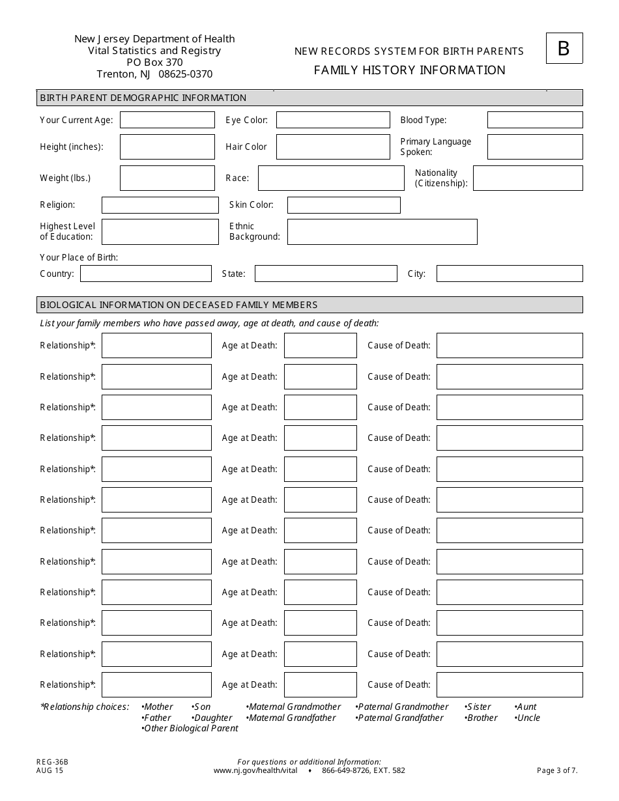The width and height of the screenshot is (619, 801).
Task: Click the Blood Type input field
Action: coord(535,120)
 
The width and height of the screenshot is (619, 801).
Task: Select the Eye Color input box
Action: coord(333,120)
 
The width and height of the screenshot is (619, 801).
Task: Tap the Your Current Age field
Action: coord(167,120)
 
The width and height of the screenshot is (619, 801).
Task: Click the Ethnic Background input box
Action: coord(382,232)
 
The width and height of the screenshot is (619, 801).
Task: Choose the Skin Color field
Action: coord(343,205)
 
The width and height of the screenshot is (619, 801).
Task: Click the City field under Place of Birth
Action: coord(509,274)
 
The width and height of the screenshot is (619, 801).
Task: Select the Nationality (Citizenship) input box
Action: coord(528,178)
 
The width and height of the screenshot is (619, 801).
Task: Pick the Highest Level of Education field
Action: coord(160,232)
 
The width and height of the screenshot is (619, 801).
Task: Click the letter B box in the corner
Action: coord(564,49)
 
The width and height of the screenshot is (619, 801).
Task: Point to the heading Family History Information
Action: coord(409,70)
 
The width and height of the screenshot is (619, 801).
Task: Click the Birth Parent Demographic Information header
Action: coord(143,98)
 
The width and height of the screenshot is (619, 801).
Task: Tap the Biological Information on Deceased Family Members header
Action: coord(179,305)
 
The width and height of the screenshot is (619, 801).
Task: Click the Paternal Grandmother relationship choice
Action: coord(403,707)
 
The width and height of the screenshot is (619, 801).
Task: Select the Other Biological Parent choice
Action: coord(190,728)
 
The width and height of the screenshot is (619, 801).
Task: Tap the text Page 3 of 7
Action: coord(556,770)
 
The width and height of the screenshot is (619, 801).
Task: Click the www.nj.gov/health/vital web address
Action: coord(255,770)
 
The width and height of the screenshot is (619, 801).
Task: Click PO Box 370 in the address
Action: coord(154,63)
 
